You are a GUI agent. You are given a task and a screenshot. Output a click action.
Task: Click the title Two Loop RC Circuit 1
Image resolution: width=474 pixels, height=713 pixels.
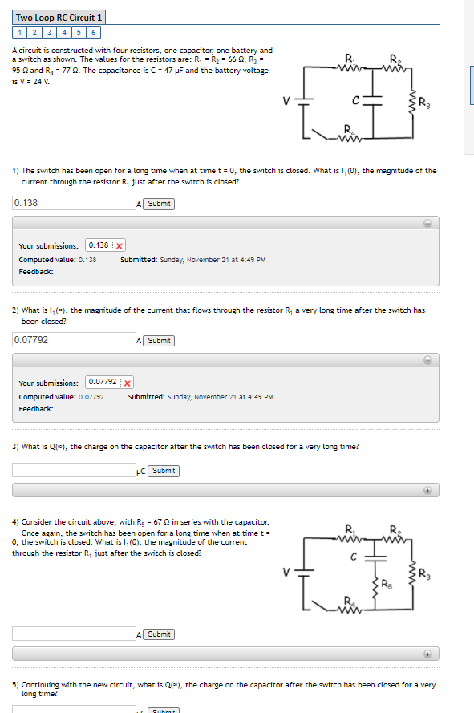click(x=59, y=18)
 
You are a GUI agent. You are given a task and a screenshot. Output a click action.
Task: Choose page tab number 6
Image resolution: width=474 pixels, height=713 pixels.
click(x=94, y=33)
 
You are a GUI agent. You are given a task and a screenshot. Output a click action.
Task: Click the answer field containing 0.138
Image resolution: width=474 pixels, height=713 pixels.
click(x=74, y=204)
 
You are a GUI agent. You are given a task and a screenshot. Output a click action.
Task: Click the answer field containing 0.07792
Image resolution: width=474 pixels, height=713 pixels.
click(x=74, y=340)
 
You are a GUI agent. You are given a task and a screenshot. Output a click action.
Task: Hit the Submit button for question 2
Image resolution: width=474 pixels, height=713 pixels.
click(x=159, y=341)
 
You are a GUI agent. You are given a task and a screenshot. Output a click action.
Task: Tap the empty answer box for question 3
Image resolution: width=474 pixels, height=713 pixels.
click(x=74, y=471)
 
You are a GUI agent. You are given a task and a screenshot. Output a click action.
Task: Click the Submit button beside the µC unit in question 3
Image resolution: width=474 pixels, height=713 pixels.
click(x=164, y=471)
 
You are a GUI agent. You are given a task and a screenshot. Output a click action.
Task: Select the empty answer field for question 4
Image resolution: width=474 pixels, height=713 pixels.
click(x=74, y=634)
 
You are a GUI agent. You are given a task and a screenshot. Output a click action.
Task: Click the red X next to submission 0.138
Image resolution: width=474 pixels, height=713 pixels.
click(x=119, y=245)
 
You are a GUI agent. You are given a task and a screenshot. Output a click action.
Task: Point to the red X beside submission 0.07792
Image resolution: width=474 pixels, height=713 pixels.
click(x=128, y=383)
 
